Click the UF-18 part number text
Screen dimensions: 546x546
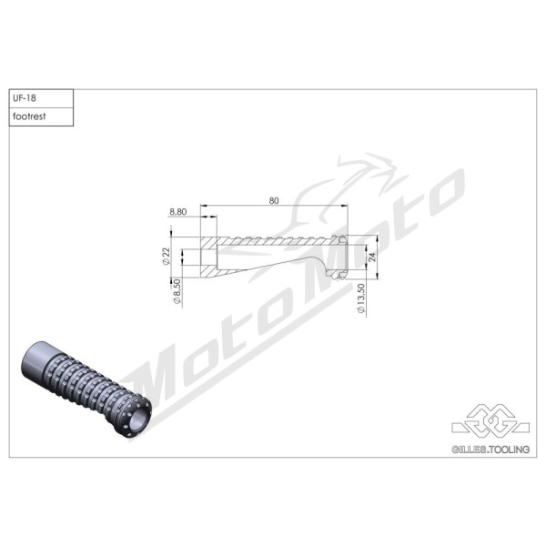click(25, 98)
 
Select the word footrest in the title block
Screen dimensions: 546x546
click(29, 116)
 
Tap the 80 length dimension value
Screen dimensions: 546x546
click(274, 200)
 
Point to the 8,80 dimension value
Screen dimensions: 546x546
click(178, 212)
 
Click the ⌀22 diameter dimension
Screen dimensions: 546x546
click(167, 257)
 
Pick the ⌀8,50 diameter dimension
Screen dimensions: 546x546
click(177, 292)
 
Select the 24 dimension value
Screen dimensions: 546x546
click(372, 258)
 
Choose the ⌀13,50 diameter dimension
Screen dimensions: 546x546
click(360, 298)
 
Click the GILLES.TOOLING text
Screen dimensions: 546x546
click(490, 450)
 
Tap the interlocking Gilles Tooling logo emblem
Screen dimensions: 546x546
click(490, 422)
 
